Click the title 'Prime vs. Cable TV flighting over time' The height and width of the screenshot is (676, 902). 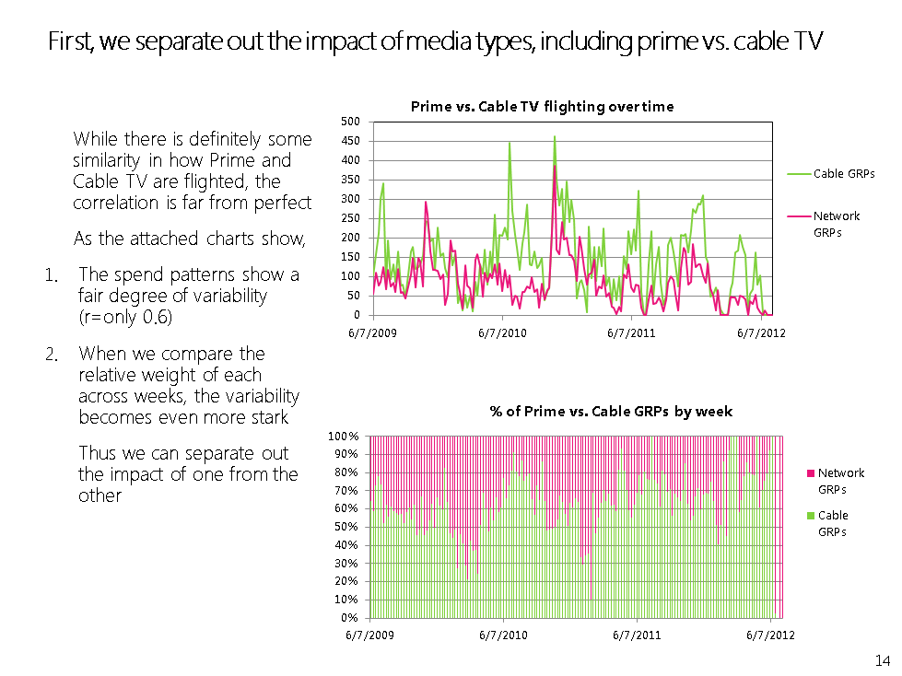tap(542, 107)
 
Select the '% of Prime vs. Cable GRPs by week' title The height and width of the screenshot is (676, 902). tap(611, 412)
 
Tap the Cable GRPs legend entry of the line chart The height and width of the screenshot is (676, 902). tap(843, 173)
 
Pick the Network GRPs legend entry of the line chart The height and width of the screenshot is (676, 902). tap(836, 224)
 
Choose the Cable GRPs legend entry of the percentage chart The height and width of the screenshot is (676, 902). tap(832, 523)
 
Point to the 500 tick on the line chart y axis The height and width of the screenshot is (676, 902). tap(349, 122)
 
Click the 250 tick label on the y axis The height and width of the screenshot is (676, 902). tap(349, 218)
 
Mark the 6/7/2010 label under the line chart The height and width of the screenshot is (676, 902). tap(502, 332)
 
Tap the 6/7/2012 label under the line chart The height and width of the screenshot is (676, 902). tap(761, 332)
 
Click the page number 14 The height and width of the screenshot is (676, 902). tap(882, 660)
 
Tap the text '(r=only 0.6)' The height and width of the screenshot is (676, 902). tap(125, 317)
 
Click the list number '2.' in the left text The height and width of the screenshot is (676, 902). tap(53, 355)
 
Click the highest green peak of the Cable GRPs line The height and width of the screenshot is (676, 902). tap(555, 137)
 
